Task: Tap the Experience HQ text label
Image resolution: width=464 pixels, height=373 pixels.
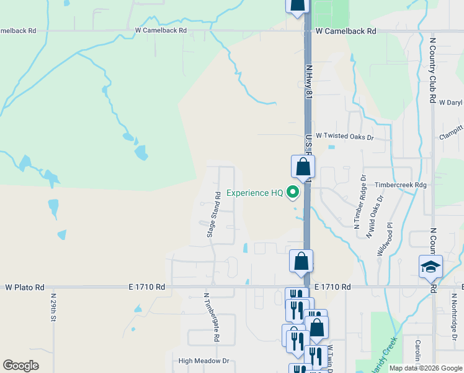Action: point(254,193)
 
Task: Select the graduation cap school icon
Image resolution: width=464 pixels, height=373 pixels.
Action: point(431,267)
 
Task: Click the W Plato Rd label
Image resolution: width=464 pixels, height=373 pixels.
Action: point(25,287)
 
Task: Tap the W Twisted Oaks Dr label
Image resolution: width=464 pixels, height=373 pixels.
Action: point(345,136)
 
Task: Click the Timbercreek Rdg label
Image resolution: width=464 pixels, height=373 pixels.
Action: point(401,185)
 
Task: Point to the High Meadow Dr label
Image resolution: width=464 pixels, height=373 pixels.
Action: point(203,361)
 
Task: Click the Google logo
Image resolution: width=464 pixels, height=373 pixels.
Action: point(20,366)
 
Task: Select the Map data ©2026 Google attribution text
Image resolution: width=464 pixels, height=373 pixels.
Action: point(426,368)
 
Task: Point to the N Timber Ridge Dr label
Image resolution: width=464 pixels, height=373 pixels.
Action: point(360,202)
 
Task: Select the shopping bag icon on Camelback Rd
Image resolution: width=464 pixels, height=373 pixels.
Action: point(297,5)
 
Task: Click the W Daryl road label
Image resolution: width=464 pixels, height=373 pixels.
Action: point(451,102)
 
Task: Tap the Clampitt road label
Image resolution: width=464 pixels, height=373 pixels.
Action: point(451,132)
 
